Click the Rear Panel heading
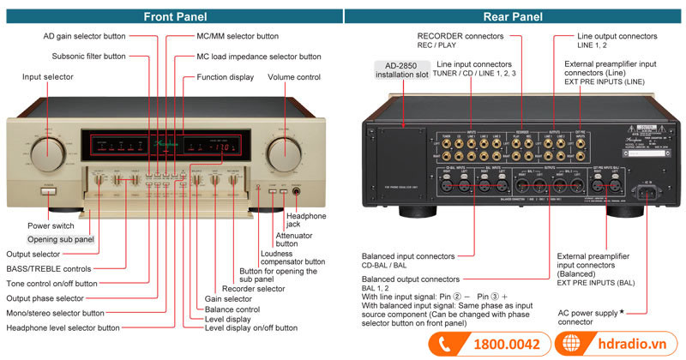[x=513, y=16]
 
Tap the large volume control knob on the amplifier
[x=284, y=156]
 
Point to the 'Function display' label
[x=225, y=77]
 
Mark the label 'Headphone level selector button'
[x=75, y=327]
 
